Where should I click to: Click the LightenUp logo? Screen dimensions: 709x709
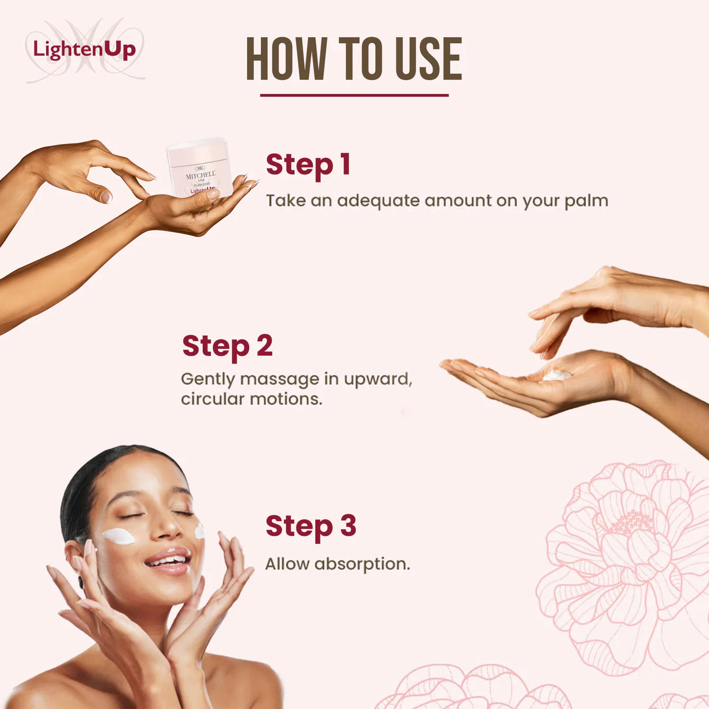(84, 50)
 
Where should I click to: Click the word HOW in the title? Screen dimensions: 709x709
(286, 59)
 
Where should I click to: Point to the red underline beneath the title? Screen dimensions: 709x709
(354, 96)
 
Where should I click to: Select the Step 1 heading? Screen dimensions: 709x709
(308, 165)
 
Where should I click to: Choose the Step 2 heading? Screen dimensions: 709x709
(227, 346)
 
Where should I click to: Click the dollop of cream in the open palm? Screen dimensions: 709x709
(557, 375)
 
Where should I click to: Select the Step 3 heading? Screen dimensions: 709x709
(310, 526)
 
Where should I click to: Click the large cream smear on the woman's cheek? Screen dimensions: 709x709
(119, 536)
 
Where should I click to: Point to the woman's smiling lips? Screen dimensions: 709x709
(168, 561)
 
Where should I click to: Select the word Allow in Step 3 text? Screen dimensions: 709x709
(287, 564)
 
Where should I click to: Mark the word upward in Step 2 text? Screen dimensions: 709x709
(377, 379)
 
